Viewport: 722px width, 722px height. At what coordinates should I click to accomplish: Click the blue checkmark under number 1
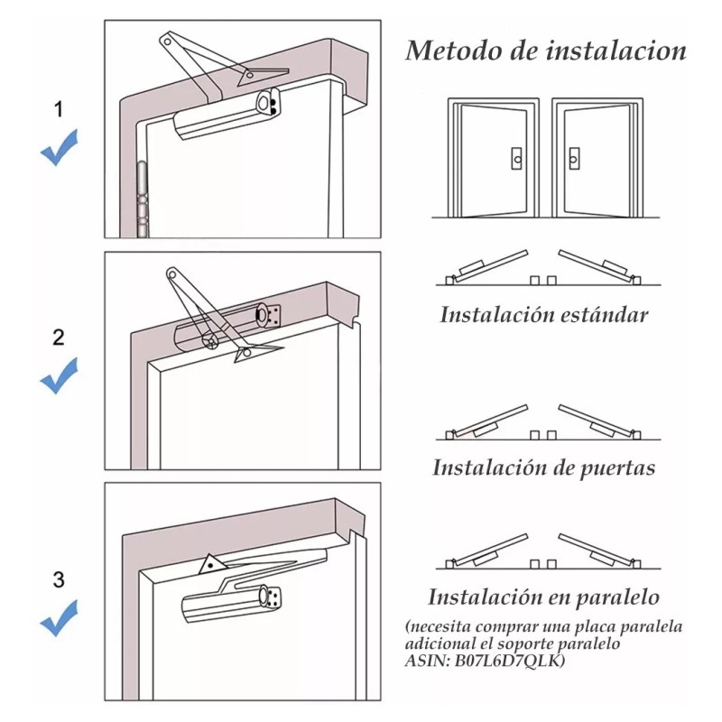coord(59,148)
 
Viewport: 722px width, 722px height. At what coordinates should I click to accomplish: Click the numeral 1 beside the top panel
coord(59,110)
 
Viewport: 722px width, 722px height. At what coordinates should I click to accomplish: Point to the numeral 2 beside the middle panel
coord(59,338)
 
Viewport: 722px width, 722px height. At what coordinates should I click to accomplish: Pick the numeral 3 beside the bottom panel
coord(59,579)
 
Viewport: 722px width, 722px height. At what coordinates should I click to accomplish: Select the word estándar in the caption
coord(604,315)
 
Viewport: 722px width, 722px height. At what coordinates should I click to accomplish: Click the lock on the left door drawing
coord(515,159)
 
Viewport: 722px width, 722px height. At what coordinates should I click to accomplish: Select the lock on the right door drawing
coord(574,159)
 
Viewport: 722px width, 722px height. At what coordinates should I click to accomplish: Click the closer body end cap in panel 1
coord(268,104)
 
